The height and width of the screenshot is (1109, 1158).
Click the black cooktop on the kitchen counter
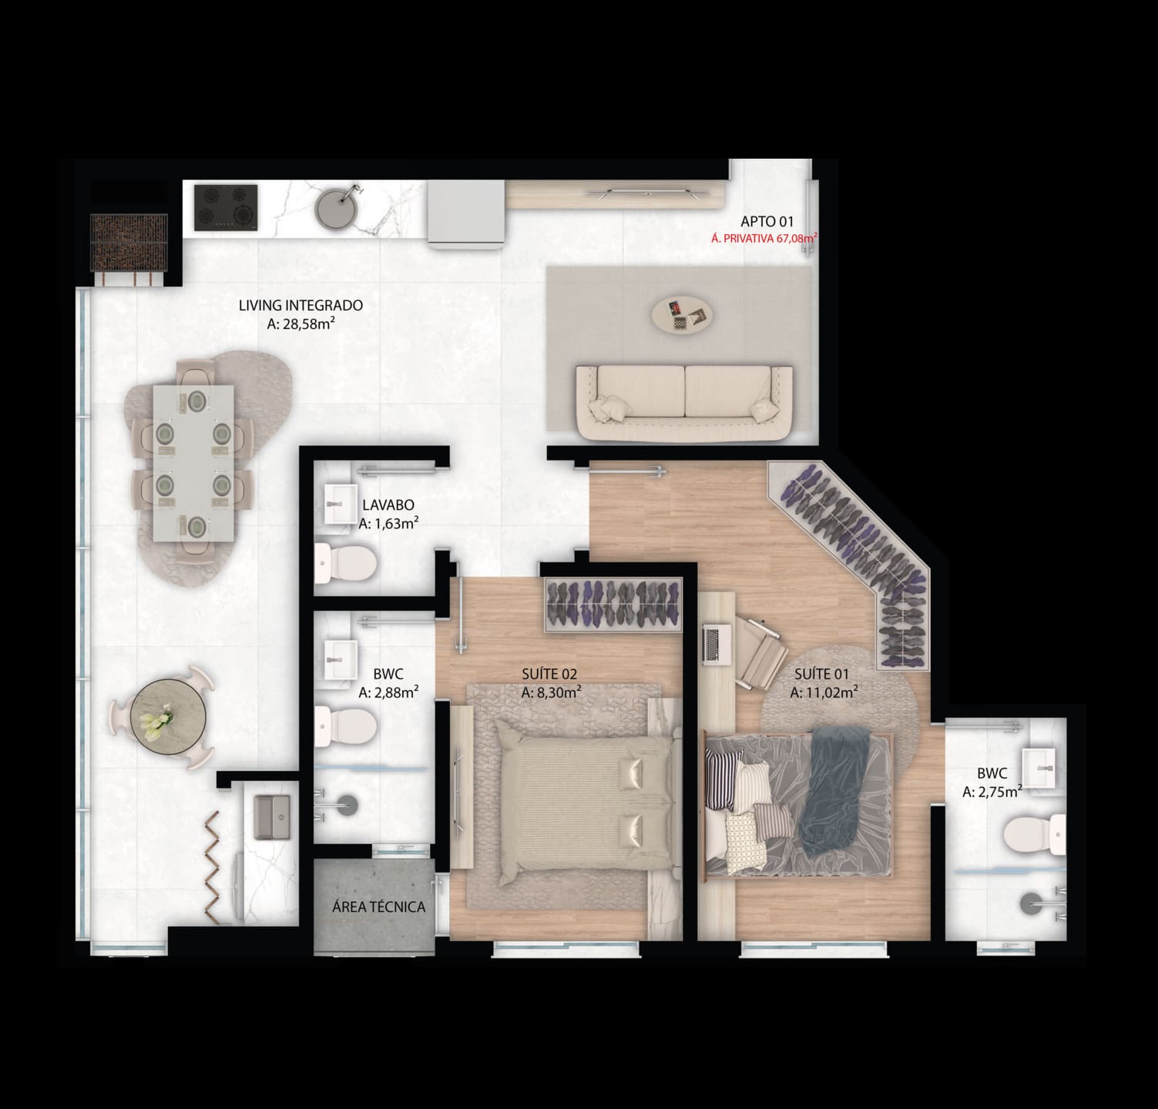(225, 207)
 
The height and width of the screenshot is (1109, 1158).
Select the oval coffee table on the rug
(683, 313)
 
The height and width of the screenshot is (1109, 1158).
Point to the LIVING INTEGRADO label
(300, 306)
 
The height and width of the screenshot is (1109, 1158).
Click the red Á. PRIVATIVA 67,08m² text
(763, 240)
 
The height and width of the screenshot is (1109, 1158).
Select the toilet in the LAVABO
(345, 564)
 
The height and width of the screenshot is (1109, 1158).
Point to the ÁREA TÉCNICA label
(378, 907)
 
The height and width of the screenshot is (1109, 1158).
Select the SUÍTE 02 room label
(549, 675)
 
